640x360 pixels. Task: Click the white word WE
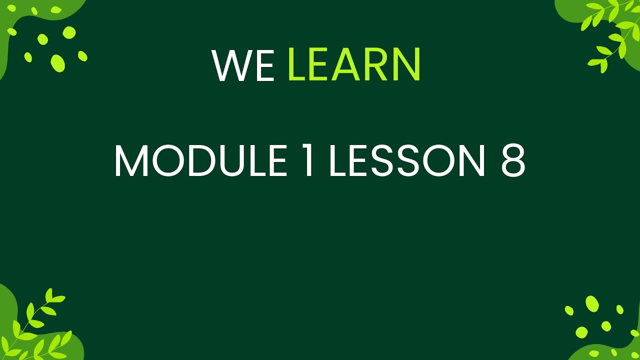click(243, 66)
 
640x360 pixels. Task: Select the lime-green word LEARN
click(354, 66)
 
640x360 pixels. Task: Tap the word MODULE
click(200, 161)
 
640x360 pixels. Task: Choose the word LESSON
click(406, 161)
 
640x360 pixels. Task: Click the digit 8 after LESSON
click(512, 161)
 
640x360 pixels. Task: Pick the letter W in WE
click(231, 66)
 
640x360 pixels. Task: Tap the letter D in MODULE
click(200, 161)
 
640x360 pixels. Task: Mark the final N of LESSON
click(470, 161)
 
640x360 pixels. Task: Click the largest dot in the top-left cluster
click(58, 62)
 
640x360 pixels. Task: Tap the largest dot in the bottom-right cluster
click(592, 303)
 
